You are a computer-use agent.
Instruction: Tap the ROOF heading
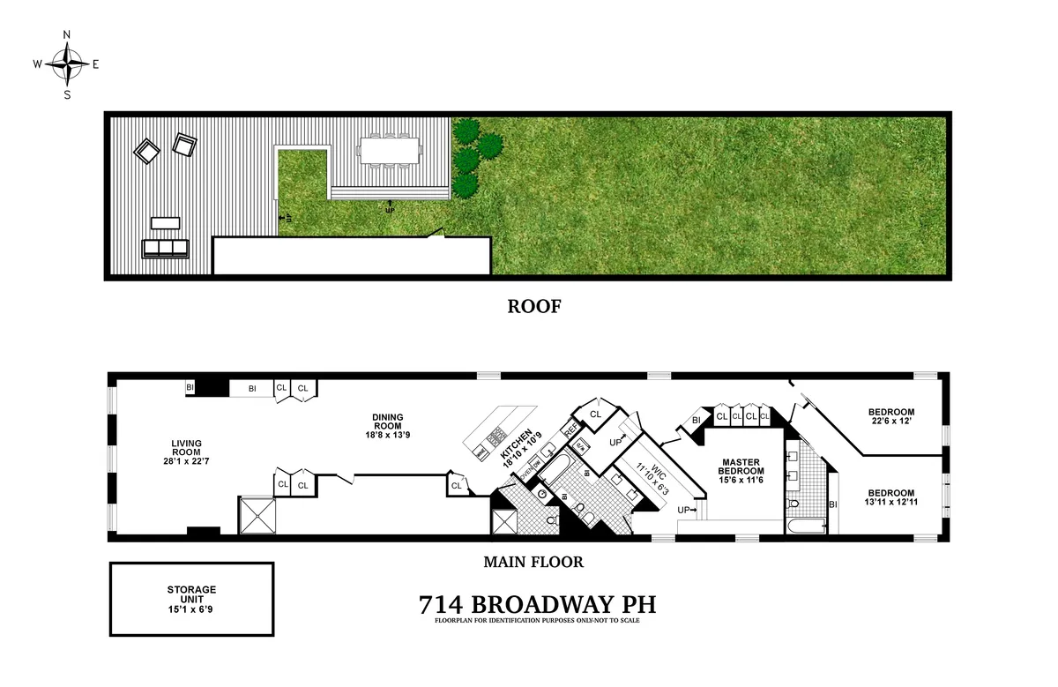pos(533,307)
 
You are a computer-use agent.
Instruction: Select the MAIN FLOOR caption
pos(533,562)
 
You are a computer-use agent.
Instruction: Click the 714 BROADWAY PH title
pos(537,605)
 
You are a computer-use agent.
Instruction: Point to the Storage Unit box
pos(191,599)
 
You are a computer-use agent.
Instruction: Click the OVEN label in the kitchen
pos(529,473)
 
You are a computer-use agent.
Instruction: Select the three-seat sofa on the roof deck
pos(166,248)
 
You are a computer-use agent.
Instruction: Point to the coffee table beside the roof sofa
pos(166,222)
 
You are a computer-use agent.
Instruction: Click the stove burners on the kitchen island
pos(498,435)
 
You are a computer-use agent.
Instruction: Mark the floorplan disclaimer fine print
pos(537,621)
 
